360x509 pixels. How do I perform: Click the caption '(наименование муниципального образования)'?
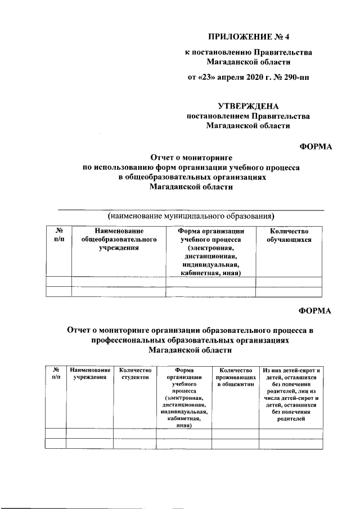[x=191, y=215]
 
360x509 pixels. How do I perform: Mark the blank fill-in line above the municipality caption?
[x=191, y=209]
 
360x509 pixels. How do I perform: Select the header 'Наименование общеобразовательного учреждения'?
[x=119, y=239]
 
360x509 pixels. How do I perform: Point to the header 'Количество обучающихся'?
[x=290, y=235]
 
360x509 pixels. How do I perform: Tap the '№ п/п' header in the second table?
[x=56, y=374]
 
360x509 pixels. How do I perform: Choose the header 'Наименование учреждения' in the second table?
[x=89, y=374]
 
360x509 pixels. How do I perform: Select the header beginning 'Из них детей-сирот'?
[x=291, y=394]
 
